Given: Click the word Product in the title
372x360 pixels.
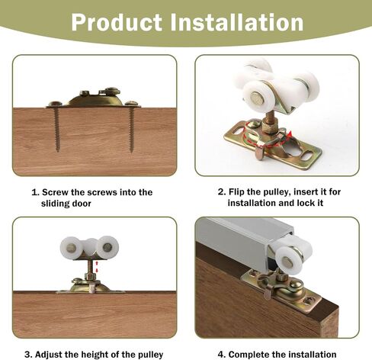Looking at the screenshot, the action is pyautogui.click(x=117, y=22).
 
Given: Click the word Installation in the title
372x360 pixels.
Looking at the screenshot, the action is pyautogui.click(x=237, y=22).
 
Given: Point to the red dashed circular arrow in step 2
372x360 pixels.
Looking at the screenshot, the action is pyautogui.click(x=266, y=137).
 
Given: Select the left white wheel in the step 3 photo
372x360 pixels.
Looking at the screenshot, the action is pyautogui.click(x=72, y=247).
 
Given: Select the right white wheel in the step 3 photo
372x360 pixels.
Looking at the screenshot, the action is pyautogui.click(x=107, y=247).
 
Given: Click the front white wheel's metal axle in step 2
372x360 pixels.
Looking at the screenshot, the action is pyautogui.click(x=255, y=97).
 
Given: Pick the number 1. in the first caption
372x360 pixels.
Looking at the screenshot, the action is pyautogui.click(x=36, y=192).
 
